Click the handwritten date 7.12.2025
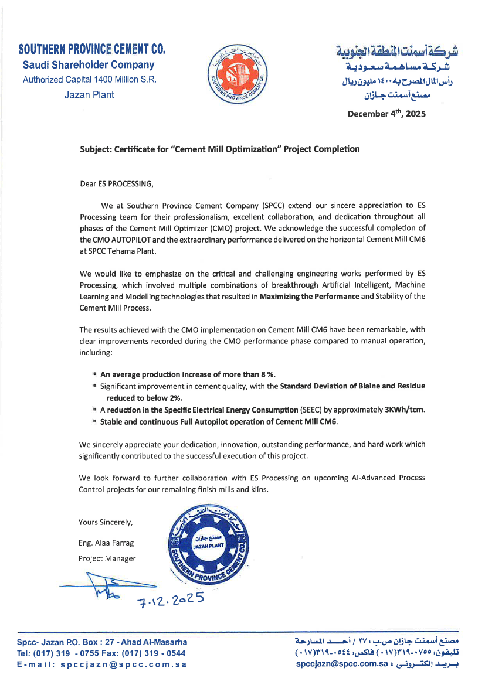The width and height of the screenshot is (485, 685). (170, 598)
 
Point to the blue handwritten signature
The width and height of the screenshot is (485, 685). (106, 587)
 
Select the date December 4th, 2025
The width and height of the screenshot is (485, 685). (386, 114)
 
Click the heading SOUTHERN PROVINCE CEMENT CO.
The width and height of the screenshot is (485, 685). (91, 49)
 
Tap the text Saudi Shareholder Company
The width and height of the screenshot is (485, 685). (89, 65)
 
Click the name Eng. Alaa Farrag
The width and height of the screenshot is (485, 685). (106, 543)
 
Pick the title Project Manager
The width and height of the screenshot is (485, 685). (107, 558)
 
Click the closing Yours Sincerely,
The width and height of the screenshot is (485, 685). (106, 522)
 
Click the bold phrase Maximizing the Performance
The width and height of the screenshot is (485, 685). (309, 297)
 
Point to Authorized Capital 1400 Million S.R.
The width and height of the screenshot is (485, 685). (89, 80)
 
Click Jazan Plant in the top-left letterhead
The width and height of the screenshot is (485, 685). (89, 94)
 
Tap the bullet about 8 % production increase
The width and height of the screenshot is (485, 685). (188, 374)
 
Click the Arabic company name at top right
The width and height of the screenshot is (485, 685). (398, 52)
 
